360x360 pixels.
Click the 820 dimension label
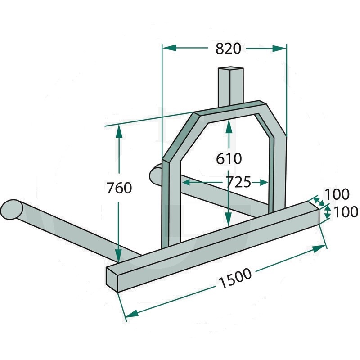[229, 49]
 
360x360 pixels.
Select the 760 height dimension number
[119, 188]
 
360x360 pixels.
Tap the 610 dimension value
[229, 159]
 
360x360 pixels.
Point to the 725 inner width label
[238, 183]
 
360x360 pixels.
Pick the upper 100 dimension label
[337, 194]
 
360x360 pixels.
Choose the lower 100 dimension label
[346, 211]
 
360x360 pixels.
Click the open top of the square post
[230, 68]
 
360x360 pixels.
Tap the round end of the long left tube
[12, 209]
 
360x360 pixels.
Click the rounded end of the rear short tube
[155, 175]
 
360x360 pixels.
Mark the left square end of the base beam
[112, 279]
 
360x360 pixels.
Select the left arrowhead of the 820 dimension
[169, 48]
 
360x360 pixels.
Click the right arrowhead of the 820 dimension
[279, 48]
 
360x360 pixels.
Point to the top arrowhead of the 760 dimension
[119, 131]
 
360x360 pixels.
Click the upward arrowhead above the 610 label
[229, 127]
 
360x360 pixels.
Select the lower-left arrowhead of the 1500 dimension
[132, 313]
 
